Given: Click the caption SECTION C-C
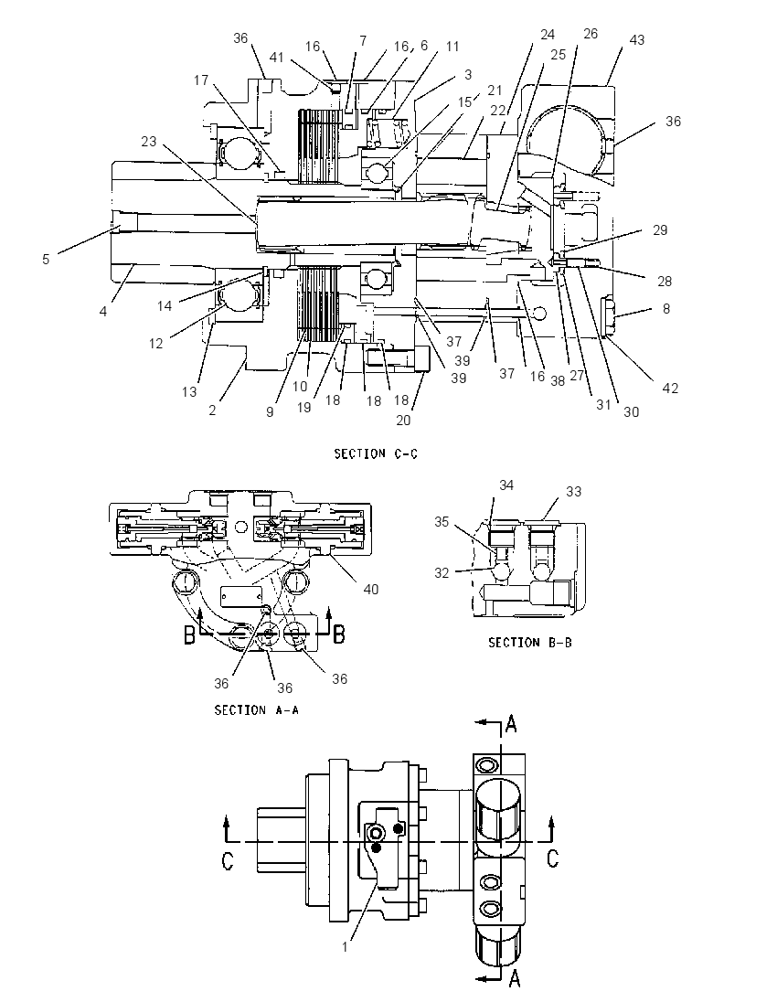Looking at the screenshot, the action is click(x=376, y=453).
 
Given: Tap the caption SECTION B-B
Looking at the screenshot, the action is click(x=529, y=642).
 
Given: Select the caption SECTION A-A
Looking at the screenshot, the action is click(x=256, y=710).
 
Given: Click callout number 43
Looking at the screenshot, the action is click(x=637, y=39).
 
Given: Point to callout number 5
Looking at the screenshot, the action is click(x=46, y=259).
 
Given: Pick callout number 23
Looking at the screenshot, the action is click(x=149, y=141).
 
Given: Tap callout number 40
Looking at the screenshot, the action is click(x=370, y=589).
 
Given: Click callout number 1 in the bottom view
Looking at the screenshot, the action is click(x=345, y=946).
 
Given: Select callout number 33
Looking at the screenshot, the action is click(x=574, y=492).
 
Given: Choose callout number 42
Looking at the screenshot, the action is click(x=670, y=388).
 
